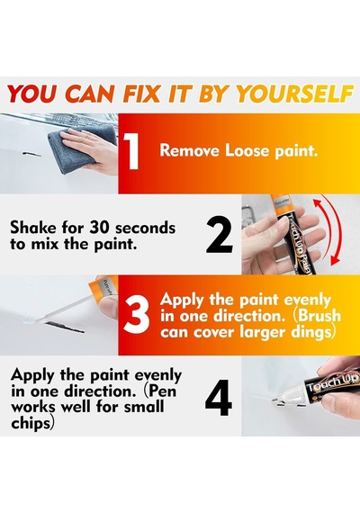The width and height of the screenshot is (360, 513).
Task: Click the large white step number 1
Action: point(132,152)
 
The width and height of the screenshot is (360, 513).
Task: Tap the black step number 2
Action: point(220,236)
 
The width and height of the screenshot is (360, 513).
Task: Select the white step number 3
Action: point(136,316)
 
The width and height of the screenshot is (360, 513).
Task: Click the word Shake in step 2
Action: point(32,228)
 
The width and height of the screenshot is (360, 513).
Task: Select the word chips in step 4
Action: point(31,423)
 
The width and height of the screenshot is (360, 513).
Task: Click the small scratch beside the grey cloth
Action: point(31,154)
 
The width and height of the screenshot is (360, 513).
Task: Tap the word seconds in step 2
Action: point(146,228)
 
